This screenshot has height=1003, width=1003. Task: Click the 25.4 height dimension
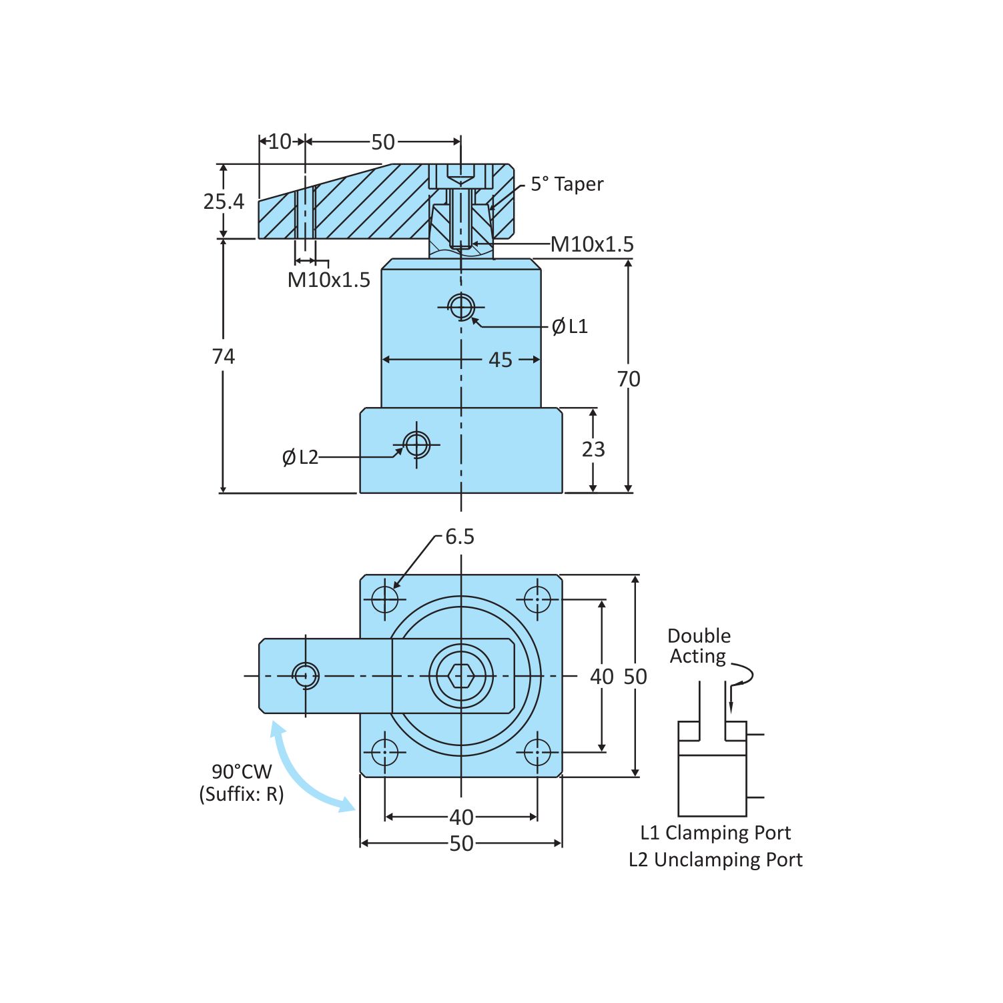pyautogui.click(x=224, y=201)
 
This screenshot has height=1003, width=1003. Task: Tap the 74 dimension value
pyautogui.click(x=224, y=356)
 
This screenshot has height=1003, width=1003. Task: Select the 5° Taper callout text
pyautogui.click(x=567, y=184)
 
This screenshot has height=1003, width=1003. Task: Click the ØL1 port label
pyautogui.click(x=569, y=326)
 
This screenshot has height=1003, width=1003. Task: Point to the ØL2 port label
pyautogui.click(x=300, y=457)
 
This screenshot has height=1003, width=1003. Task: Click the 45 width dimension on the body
pyautogui.click(x=500, y=360)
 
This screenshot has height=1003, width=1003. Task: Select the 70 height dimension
pyautogui.click(x=629, y=379)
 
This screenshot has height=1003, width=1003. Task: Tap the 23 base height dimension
pyautogui.click(x=593, y=449)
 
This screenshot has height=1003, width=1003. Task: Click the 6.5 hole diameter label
pyautogui.click(x=459, y=537)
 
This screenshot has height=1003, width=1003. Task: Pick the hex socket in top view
pyautogui.click(x=461, y=676)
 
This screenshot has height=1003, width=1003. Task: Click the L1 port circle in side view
pyautogui.click(x=461, y=307)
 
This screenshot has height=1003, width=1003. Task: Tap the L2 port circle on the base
pyautogui.click(x=417, y=444)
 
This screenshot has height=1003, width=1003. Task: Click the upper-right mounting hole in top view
pyautogui.click(x=537, y=599)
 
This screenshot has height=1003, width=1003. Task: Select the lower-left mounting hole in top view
pyautogui.click(x=385, y=752)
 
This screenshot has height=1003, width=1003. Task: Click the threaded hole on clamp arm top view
pyautogui.click(x=306, y=675)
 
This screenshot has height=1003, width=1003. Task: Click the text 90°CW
pyautogui.click(x=242, y=771)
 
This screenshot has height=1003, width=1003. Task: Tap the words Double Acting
pyautogui.click(x=699, y=646)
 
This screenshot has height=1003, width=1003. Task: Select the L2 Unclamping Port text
pyautogui.click(x=715, y=860)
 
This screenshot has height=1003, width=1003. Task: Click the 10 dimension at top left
pyautogui.click(x=280, y=141)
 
